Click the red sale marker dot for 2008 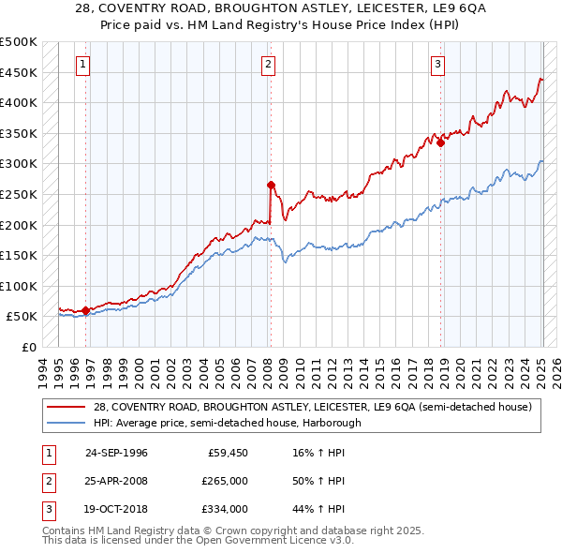click(271, 185)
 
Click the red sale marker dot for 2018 click(440, 143)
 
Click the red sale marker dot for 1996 click(85, 310)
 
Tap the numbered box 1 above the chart click(83, 65)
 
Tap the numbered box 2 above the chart click(269, 65)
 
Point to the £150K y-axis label click(19, 255)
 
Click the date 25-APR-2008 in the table click(116, 481)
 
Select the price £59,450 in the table click(225, 453)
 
